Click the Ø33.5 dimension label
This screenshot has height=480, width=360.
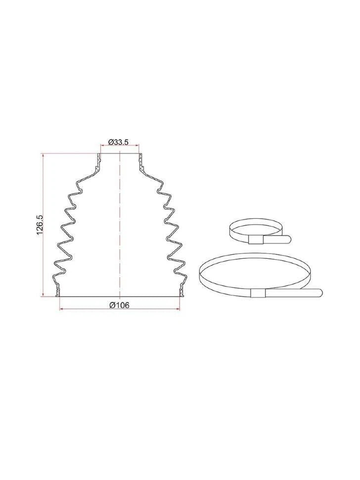tap(120, 142)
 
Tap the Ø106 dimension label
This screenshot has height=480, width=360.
tap(120, 305)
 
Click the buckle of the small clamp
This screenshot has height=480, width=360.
tap(256, 240)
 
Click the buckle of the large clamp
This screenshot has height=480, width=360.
tap(258, 293)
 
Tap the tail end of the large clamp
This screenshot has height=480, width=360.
tap(319, 292)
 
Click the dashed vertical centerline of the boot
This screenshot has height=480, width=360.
tap(120, 225)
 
